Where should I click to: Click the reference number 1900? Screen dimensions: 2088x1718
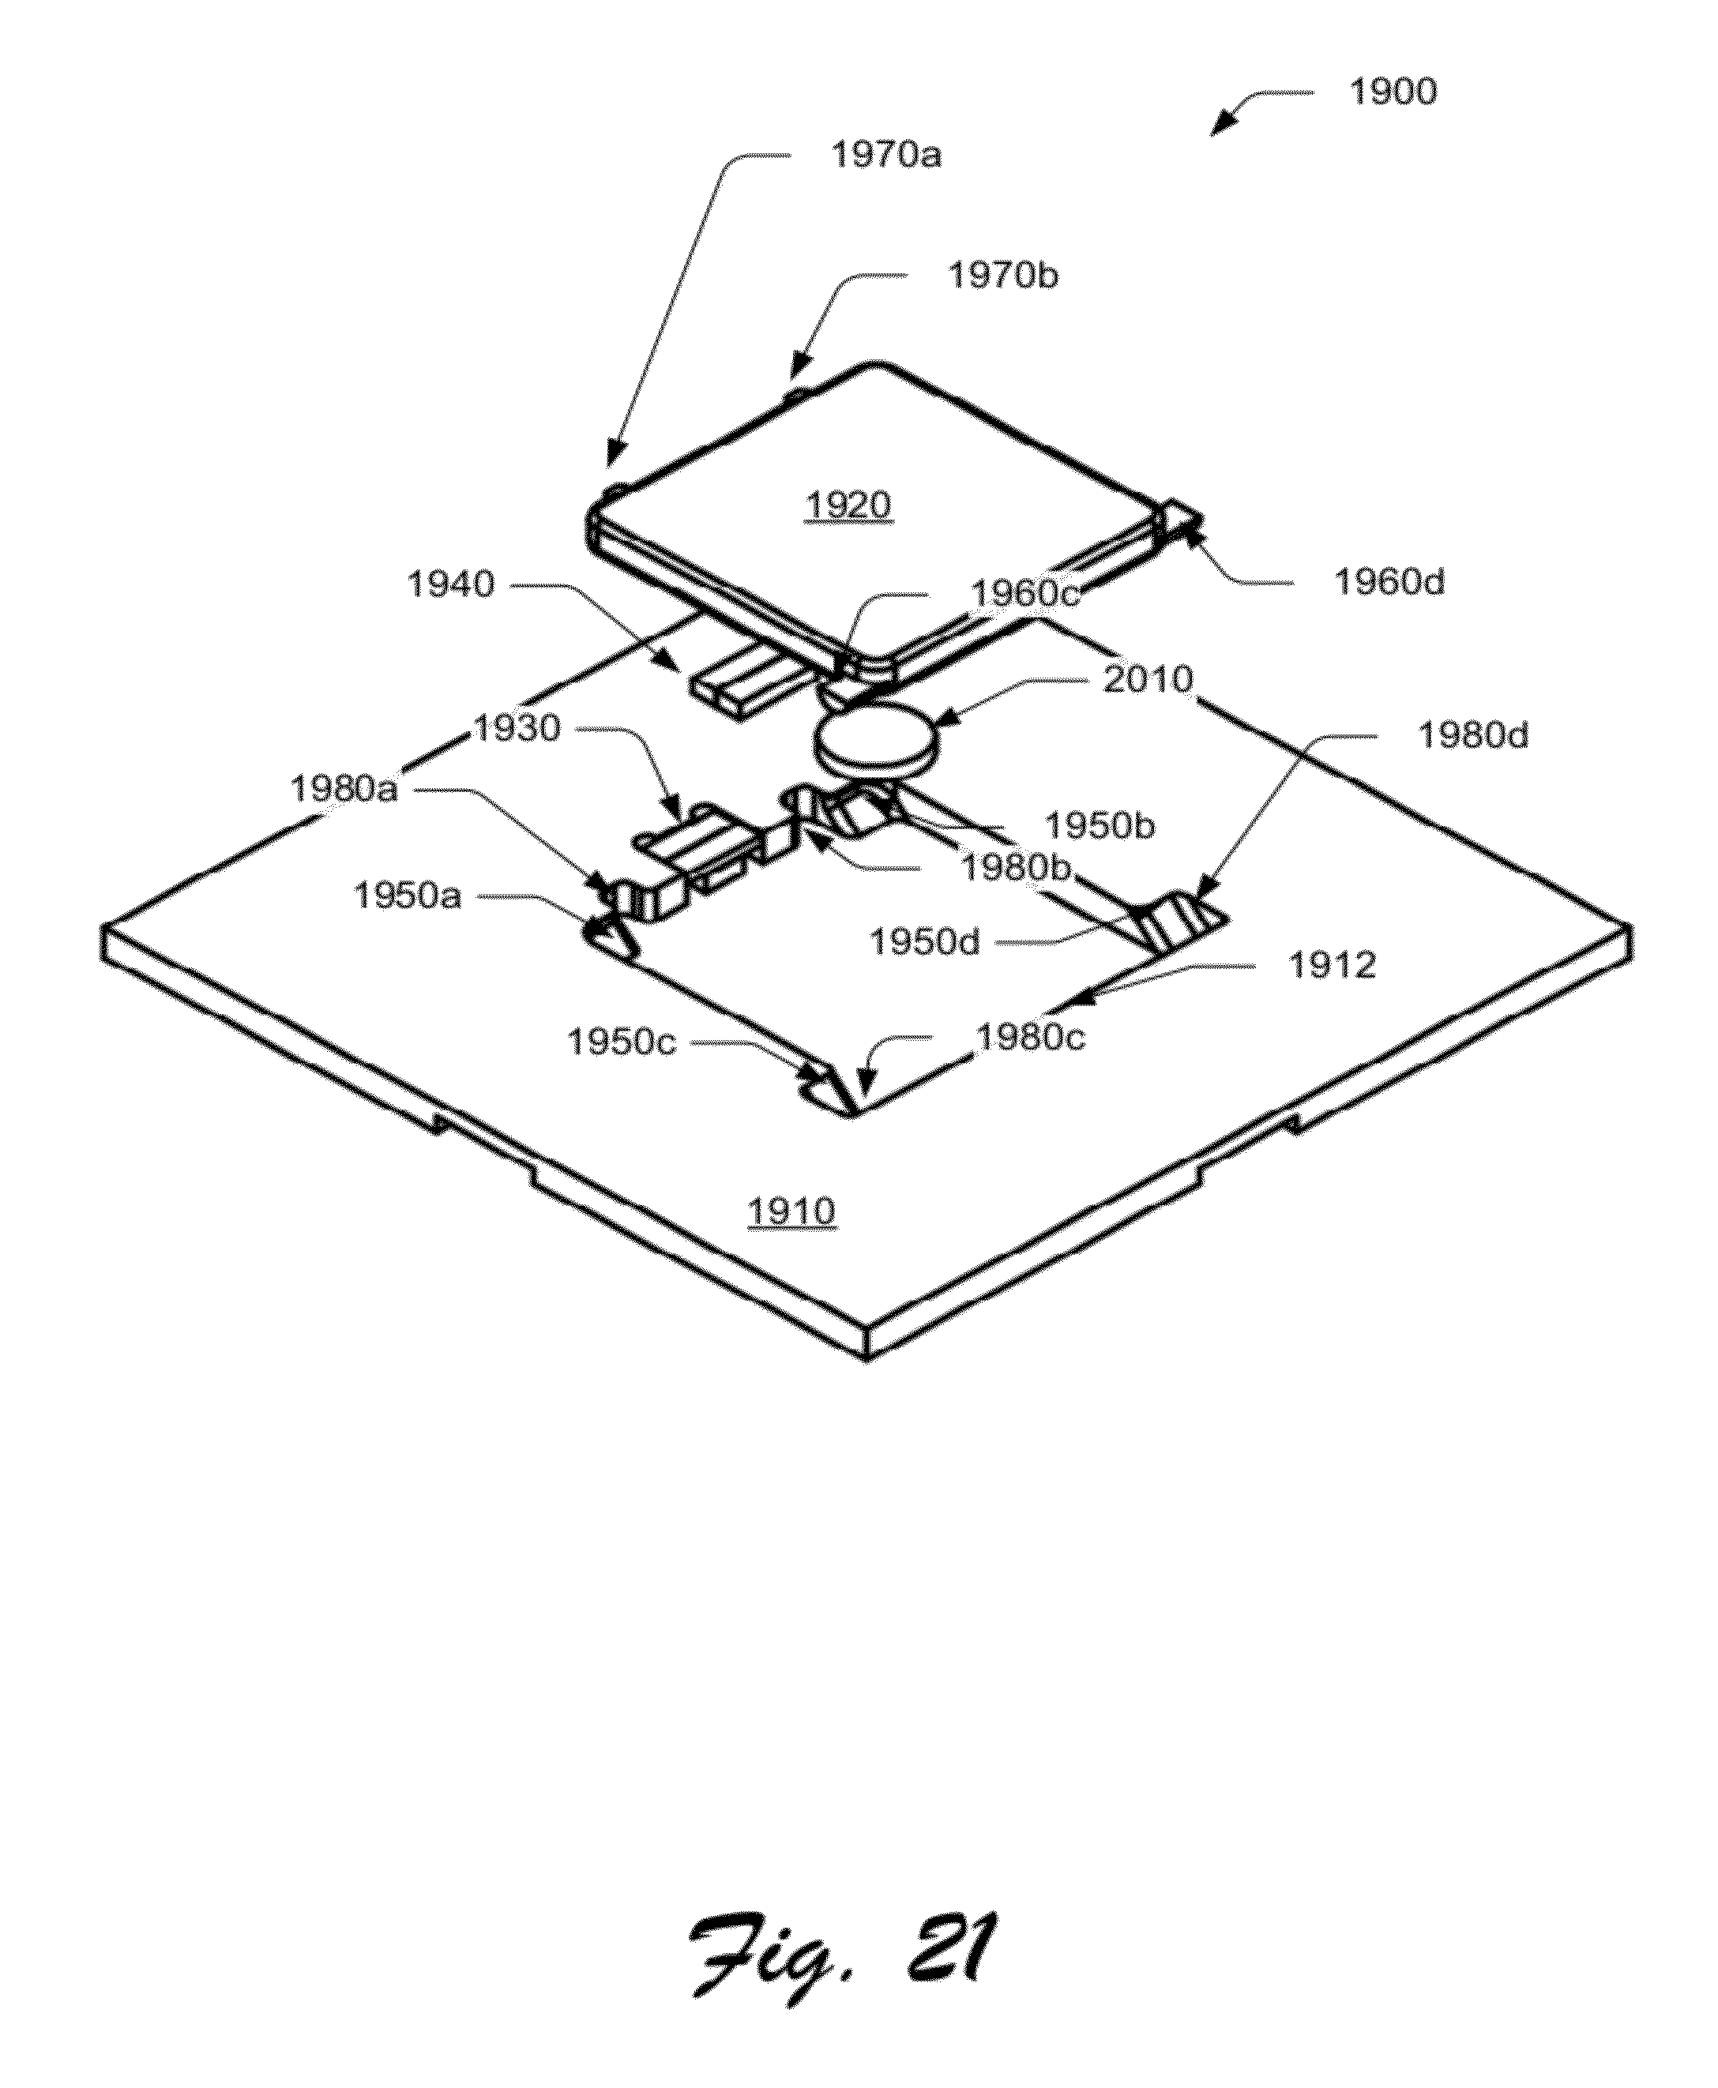(1393, 92)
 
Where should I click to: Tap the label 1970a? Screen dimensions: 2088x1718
(885, 156)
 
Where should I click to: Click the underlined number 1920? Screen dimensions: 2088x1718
(848, 507)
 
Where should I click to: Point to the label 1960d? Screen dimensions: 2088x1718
(1389, 583)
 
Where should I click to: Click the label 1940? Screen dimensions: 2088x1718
(451, 585)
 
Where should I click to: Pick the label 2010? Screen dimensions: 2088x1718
(1148, 680)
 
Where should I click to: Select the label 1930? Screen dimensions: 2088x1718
(517, 730)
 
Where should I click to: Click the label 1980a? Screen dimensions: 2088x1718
(344, 790)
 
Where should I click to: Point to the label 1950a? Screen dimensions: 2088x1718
(407, 896)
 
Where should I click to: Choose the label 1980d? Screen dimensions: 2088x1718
(1472, 736)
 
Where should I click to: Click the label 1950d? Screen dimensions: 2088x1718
(924, 942)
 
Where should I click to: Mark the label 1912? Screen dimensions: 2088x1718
(1332, 965)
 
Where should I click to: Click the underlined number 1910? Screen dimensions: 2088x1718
(791, 1212)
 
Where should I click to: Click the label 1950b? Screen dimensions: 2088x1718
(1100, 826)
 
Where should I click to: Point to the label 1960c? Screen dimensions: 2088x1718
(1024, 593)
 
